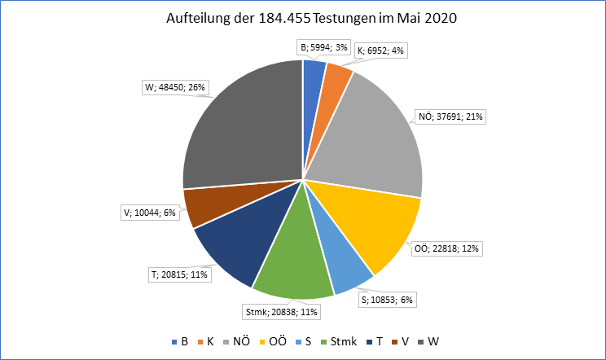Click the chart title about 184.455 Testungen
[303, 18]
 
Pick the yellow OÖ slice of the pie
[371, 224]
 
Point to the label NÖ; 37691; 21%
[453, 116]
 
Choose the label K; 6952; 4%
[380, 50]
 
